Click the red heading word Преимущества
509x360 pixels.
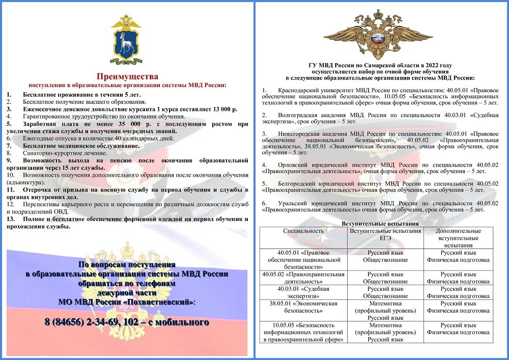(127, 76)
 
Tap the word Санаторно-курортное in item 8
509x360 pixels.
(53, 153)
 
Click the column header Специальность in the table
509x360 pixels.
(303, 231)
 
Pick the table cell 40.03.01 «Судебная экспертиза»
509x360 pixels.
(303, 292)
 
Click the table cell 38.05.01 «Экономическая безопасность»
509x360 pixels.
(303, 307)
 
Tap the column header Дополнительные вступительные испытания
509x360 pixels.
(458, 238)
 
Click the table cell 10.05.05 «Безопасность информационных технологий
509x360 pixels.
(303, 332)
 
